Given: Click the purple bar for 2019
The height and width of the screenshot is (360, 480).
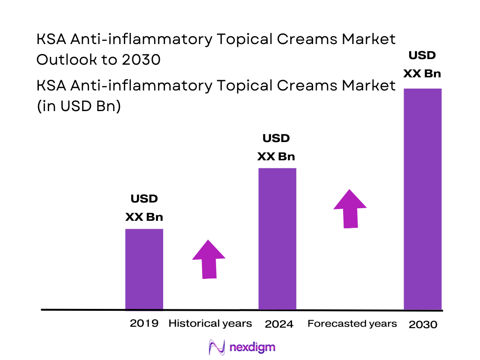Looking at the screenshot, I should tap(144, 269).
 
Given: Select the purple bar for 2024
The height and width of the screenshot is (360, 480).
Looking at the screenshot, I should tap(277, 239).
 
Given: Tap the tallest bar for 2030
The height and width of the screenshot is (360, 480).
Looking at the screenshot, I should tap(422, 199).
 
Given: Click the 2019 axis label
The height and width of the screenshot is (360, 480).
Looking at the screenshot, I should tap(144, 323).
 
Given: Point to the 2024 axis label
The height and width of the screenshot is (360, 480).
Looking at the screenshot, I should tap(279, 324).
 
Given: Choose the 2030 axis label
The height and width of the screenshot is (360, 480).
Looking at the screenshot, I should tap(423, 324).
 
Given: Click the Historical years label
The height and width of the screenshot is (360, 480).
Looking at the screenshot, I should tap(210, 323).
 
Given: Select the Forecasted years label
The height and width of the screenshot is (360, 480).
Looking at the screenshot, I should tap(352, 323).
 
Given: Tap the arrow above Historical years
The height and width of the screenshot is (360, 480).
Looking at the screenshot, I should tap(209, 259).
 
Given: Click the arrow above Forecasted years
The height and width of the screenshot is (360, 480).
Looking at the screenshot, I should tap(350, 209).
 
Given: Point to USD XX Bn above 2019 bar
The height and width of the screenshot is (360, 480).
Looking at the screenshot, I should tap(144, 208).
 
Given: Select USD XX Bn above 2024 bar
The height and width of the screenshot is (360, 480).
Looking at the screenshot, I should tap(276, 147).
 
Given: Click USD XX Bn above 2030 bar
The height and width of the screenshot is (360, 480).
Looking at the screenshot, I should tap(422, 65).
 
